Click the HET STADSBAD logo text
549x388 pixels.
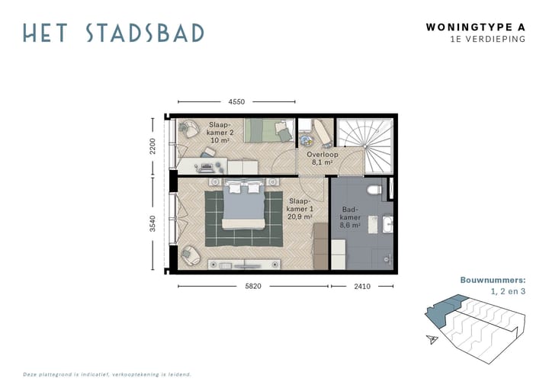coord(113,33)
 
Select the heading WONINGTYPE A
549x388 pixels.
coord(476,27)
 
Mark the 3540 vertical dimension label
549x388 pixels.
coord(152,223)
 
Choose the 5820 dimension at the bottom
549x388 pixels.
coord(253,287)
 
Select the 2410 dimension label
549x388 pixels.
coord(361,287)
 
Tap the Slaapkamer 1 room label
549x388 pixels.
coord(300,207)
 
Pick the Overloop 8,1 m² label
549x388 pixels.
coord(321,158)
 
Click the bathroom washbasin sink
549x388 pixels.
coord(387,225)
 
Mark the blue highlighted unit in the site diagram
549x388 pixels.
coord(439,311)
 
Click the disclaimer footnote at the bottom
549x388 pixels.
coord(107,374)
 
